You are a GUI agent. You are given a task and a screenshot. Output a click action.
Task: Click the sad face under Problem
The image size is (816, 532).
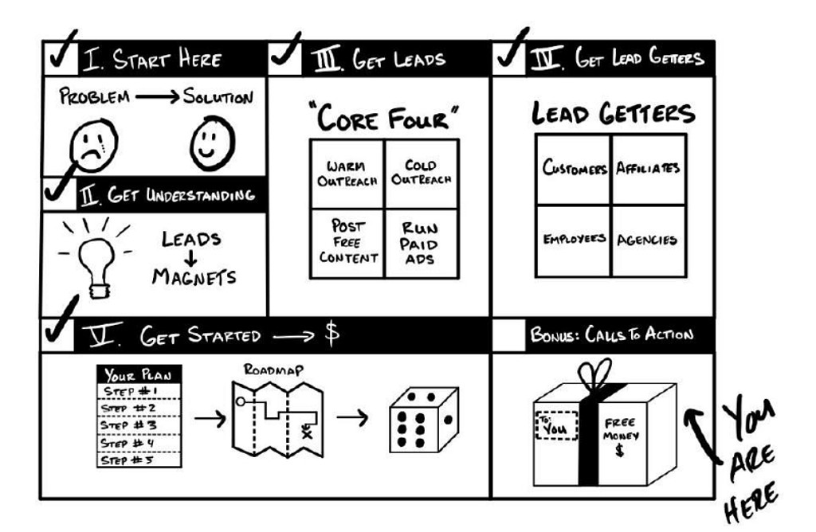click(94, 144)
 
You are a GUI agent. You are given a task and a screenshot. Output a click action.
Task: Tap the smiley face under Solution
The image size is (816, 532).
click(212, 144)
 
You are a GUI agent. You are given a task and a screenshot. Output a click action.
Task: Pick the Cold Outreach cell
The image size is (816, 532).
click(421, 174)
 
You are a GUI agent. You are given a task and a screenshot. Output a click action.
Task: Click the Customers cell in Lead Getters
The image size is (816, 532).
click(574, 169)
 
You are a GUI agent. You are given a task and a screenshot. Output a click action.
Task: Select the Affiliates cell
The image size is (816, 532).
click(647, 169)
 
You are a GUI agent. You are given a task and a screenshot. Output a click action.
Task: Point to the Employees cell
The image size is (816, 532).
click(574, 240)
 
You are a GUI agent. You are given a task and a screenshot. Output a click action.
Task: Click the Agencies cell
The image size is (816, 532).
click(647, 240)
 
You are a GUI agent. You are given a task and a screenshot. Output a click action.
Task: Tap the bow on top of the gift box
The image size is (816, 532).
click(596, 377)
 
